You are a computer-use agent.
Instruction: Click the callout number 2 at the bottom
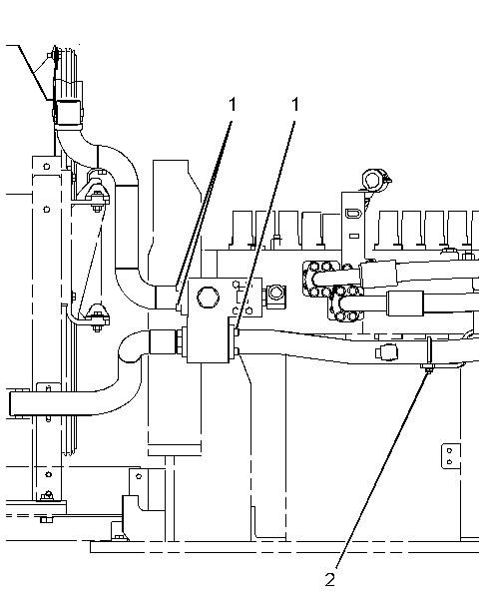pyautogui.click(x=330, y=579)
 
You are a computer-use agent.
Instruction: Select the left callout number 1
pyautogui.click(x=233, y=104)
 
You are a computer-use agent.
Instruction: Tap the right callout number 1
pyautogui.click(x=295, y=104)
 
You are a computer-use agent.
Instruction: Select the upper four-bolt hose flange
pyautogui.click(x=320, y=279)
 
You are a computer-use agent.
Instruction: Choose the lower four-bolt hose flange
pyautogui.click(x=345, y=302)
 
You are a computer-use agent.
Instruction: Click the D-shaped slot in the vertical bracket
pyautogui.click(x=352, y=213)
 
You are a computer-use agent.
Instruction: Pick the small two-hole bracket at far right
pyautogui.click(x=450, y=455)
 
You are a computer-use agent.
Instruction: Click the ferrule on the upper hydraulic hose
pyautogui.click(x=378, y=274)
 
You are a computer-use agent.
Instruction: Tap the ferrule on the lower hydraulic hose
pyautogui.click(x=405, y=302)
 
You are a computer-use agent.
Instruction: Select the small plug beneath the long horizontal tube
pyautogui.click(x=386, y=351)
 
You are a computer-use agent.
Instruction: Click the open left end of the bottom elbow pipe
pyautogui.click(x=12, y=403)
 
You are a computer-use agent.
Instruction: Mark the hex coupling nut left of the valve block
pyautogui.click(x=180, y=340)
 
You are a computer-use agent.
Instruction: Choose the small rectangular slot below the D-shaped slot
pyautogui.click(x=354, y=236)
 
